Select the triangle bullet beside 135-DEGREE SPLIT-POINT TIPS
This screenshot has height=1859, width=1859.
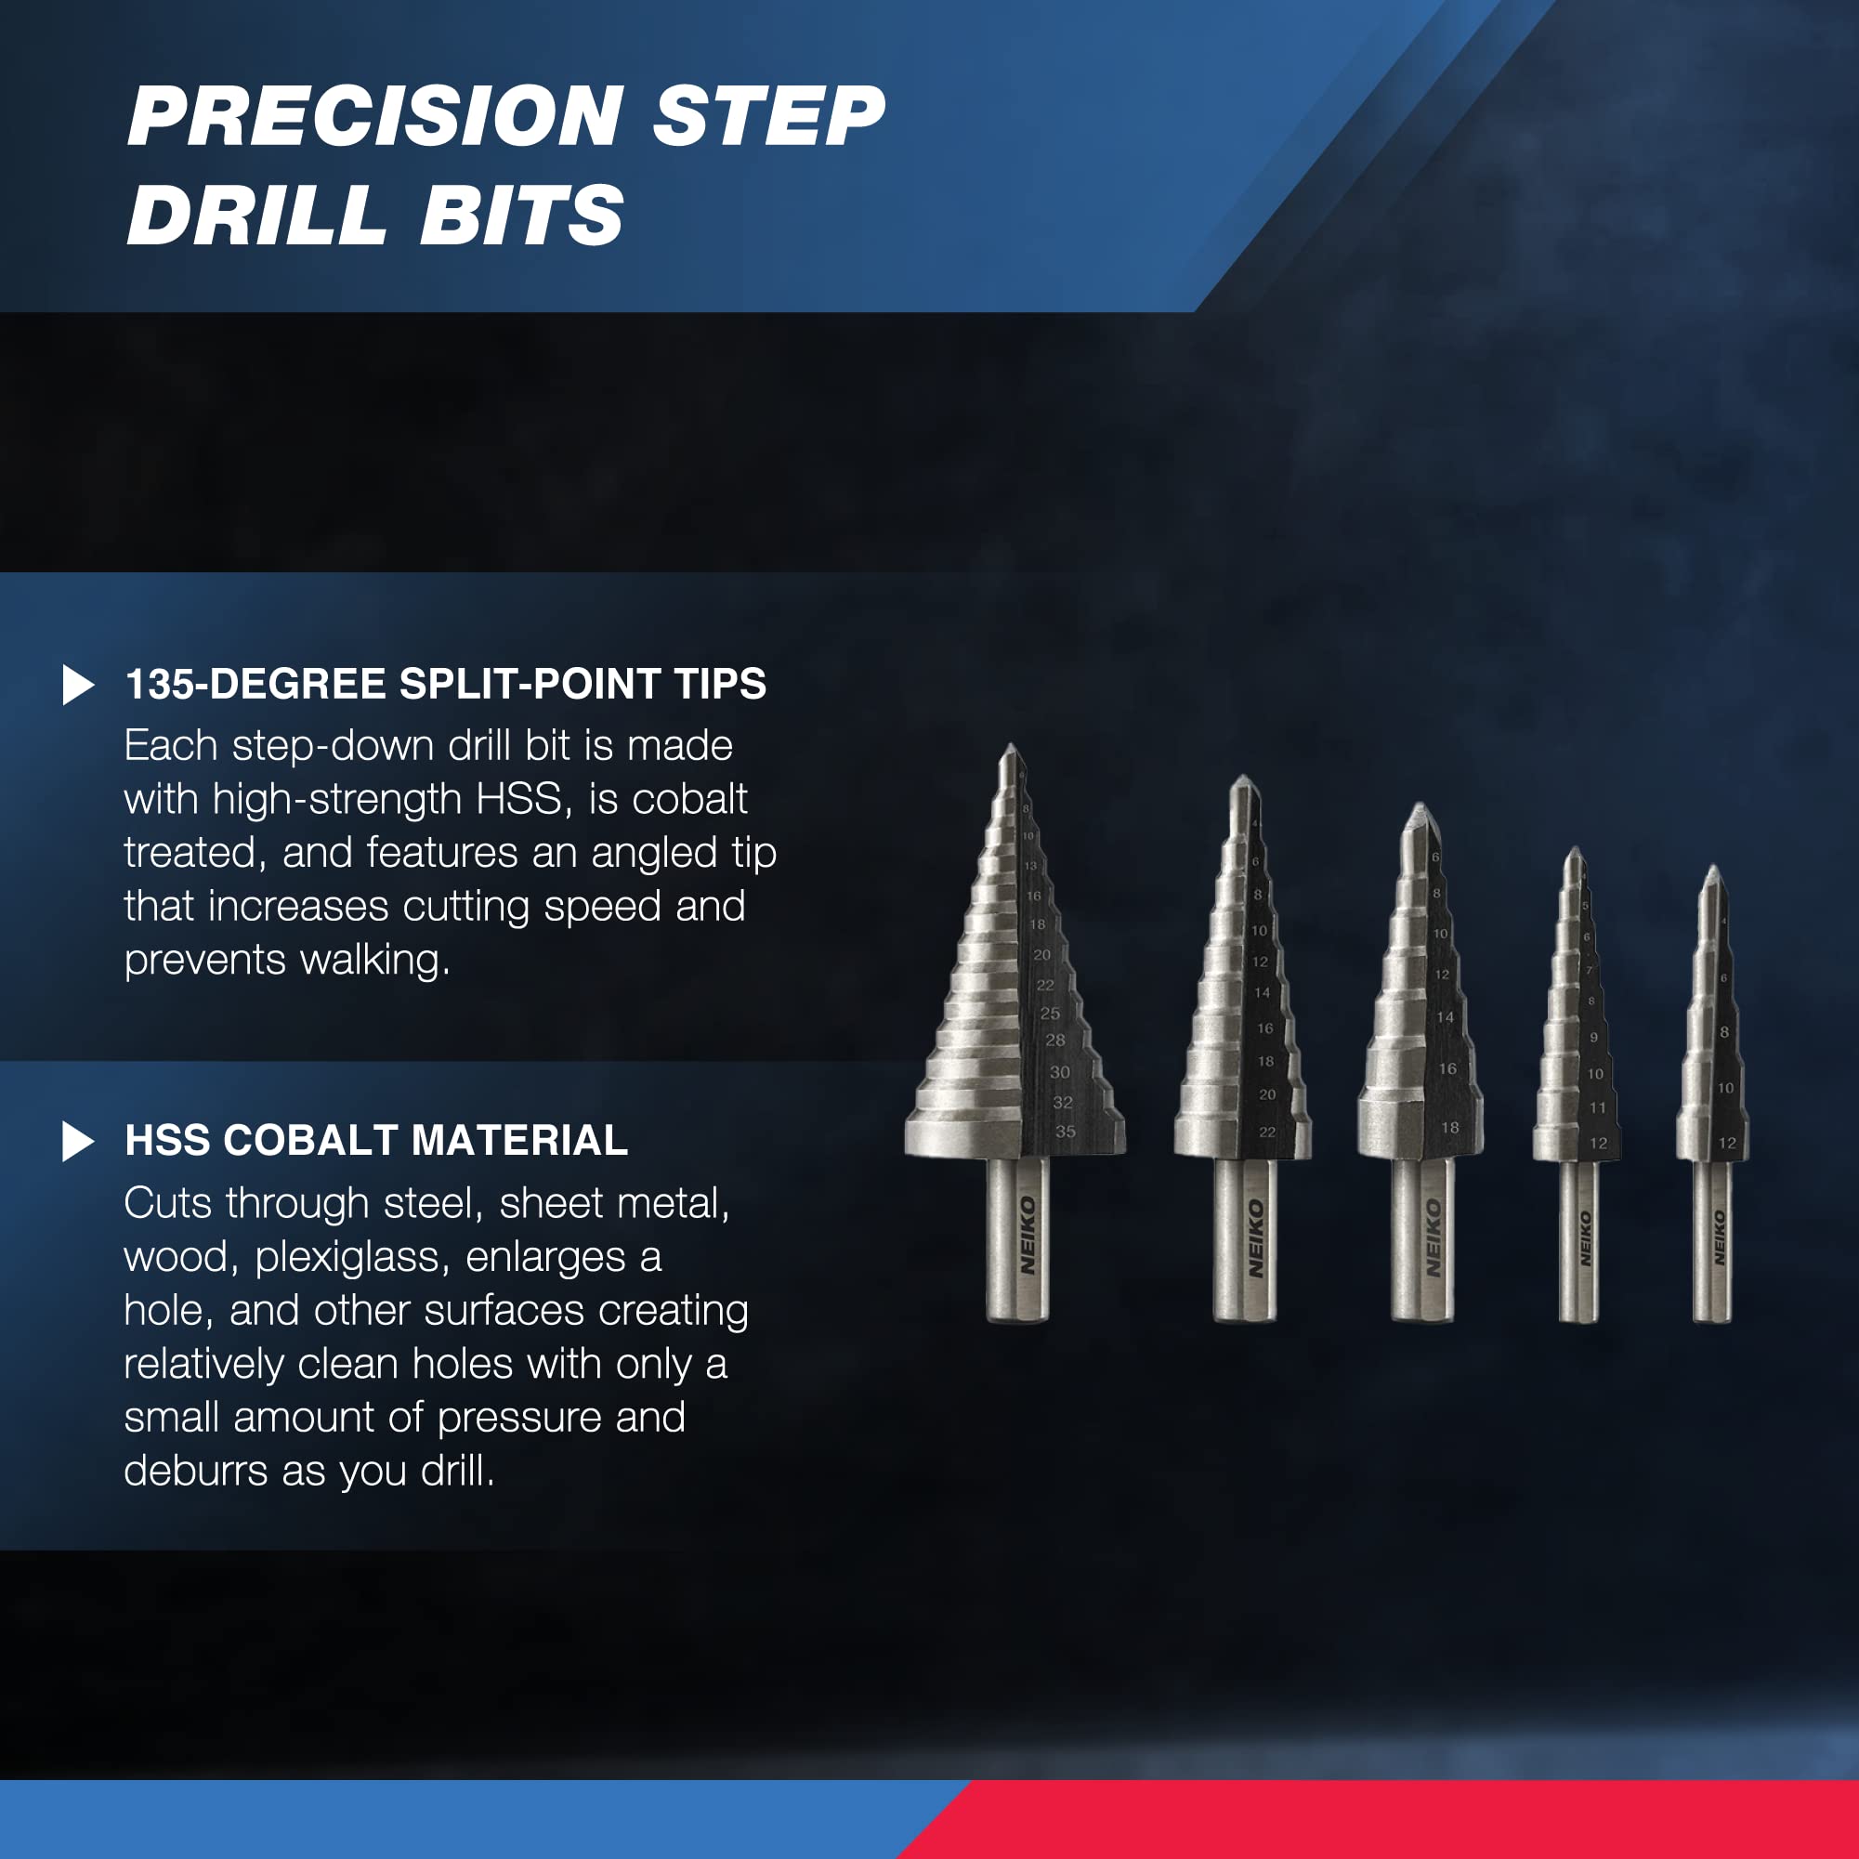[78, 685]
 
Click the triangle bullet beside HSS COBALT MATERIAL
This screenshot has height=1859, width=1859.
[78, 1142]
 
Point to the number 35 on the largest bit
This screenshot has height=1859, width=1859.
[1066, 1132]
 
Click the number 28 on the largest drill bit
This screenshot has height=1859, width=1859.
[1055, 1041]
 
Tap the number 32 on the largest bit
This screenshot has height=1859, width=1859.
[1062, 1103]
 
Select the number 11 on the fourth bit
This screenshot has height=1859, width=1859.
[1597, 1107]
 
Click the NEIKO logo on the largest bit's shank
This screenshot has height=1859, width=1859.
[1028, 1236]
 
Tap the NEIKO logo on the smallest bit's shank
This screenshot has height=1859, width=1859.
[1719, 1237]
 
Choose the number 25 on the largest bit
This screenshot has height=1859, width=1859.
[1050, 1014]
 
